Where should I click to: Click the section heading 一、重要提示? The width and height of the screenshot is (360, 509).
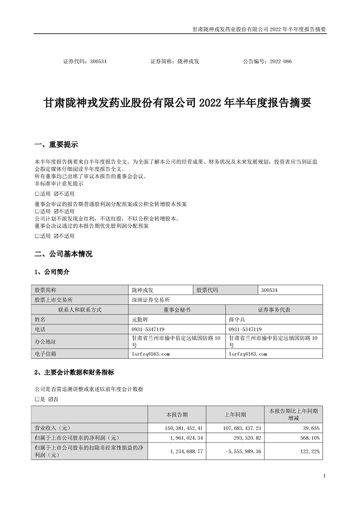pos(56,145)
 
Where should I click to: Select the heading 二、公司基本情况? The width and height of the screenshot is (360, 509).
pos(63,254)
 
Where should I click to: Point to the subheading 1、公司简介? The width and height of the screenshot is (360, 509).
pos(52,272)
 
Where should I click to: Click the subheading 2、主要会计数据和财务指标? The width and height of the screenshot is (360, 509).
pos(74,372)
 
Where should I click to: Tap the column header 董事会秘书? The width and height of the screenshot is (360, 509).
pos(177,310)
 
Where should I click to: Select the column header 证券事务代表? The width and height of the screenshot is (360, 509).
pos(274,310)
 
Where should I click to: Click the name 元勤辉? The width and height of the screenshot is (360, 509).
pos(140,319)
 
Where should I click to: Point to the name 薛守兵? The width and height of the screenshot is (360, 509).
pos(237,319)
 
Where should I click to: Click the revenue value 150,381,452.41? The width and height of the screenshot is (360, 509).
pos(181,428)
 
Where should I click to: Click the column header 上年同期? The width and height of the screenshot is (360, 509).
pos(235,415)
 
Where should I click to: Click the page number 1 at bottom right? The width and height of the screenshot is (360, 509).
pos(325,476)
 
